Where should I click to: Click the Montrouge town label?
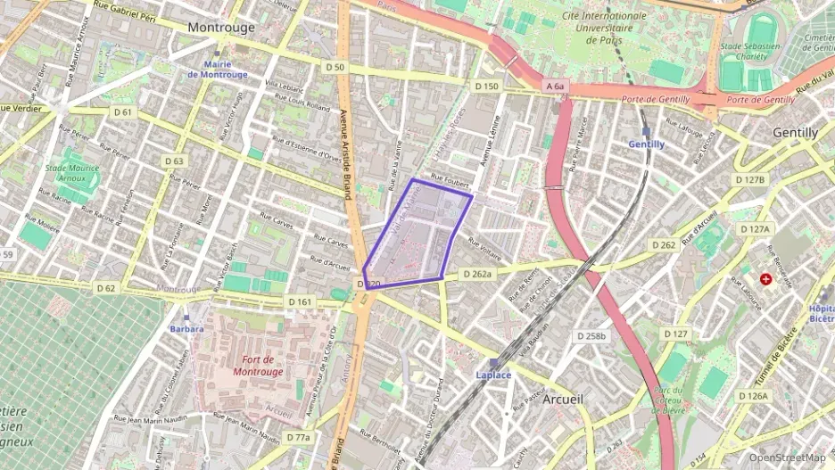click(x=222, y=28)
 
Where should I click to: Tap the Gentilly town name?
click(x=795, y=133)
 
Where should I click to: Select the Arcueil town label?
click(x=562, y=400)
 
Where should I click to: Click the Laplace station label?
click(x=493, y=375)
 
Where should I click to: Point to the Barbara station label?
click(x=186, y=328)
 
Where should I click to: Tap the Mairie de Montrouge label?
click(x=217, y=70)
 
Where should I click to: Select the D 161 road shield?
click(x=301, y=302)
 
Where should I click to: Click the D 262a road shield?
click(x=477, y=275)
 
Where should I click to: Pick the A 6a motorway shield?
click(x=554, y=87)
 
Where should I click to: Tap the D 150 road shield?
click(x=486, y=87)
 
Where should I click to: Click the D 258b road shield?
click(x=591, y=336)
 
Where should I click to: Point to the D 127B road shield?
click(x=750, y=180)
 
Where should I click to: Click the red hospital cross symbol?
click(x=765, y=279)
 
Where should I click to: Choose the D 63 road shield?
click(x=175, y=161)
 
